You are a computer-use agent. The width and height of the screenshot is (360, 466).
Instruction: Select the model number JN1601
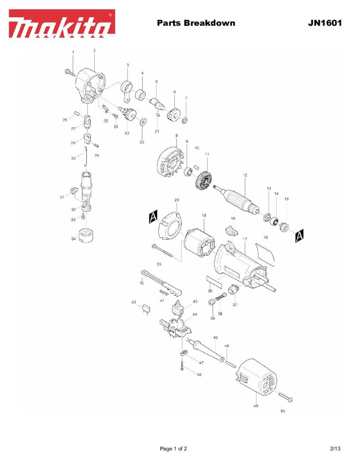click(x=325, y=22)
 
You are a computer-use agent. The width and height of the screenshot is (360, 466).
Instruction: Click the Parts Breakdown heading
click(x=196, y=22)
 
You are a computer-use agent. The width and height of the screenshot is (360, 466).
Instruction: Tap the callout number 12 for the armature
click(x=245, y=175)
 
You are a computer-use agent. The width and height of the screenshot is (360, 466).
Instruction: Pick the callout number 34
click(x=74, y=239)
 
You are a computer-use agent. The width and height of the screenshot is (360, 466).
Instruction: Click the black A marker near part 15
click(x=299, y=235)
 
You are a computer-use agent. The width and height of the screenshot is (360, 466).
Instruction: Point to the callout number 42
click(x=142, y=283)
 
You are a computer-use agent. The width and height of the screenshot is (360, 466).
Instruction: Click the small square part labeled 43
click(x=147, y=309)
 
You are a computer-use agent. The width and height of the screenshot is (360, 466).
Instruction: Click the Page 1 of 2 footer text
click(x=173, y=449)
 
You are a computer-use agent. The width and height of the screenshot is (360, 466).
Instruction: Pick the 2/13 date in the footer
click(x=335, y=449)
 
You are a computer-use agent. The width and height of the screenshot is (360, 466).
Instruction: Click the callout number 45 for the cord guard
click(x=216, y=337)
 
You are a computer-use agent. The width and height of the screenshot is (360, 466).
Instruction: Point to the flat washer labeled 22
click(x=142, y=122)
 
